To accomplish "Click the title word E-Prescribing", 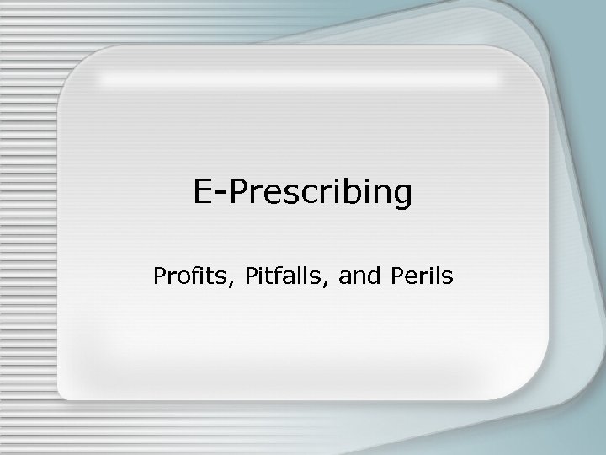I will click(x=303, y=193).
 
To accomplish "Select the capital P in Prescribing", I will click(x=239, y=193).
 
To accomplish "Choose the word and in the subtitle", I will click(x=353, y=276).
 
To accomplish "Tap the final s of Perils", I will click(x=446, y=277).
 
